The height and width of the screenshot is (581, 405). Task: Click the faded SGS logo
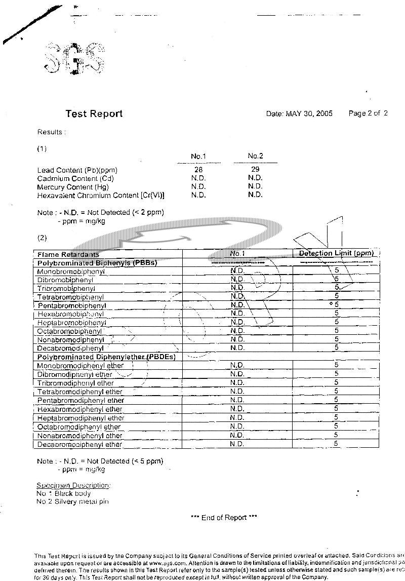(x=74, y=59)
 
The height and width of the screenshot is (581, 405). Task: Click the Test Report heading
(x=94, y=113)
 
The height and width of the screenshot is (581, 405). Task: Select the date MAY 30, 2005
(x=309, y=113)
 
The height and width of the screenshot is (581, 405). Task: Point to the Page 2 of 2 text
(x=368, y=113)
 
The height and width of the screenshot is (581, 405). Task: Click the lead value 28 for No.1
(x=198, y=170)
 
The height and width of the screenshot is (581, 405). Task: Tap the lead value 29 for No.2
(x=255, y=169)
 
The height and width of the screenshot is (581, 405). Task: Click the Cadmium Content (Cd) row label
(x=75, y=178)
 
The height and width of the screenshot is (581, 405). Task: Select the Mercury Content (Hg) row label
(x=75, y=187)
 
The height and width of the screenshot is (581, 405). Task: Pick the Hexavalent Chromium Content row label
(x=101, y=195)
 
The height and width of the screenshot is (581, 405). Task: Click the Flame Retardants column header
(x=68, y=254)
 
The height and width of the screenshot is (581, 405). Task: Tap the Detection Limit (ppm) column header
(x=336, y=253)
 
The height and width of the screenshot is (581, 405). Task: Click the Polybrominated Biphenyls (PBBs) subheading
(x=97, y=263)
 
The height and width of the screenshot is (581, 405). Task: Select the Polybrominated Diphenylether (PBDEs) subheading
(x=106, y=357)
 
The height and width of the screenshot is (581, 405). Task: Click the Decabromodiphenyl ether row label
(x=79, y=444)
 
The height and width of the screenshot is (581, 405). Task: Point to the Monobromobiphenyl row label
(x=71, y=272)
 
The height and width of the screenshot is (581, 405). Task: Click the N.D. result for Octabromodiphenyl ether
(x=237, y=427)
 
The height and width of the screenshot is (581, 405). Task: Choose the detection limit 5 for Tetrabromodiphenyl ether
(x=336, y=391)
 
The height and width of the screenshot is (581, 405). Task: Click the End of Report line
(x=224, y=517)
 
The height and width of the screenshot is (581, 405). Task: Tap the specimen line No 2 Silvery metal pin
(x=72, y=501)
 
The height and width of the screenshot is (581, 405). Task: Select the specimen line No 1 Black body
(x=64, y=493)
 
